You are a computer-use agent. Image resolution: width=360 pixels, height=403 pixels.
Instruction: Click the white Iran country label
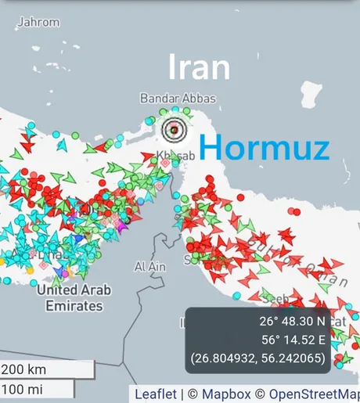pos(199,67)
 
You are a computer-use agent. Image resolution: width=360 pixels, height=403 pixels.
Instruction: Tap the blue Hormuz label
pos(264,146)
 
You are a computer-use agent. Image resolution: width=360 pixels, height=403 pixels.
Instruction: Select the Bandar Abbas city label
pos(178,99)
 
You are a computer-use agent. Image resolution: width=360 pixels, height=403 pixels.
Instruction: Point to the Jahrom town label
pos(38,23)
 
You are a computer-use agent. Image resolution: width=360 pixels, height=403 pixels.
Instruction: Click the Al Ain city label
pos(149,267)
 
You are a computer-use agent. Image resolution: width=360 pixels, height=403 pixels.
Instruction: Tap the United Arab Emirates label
pos(74,297)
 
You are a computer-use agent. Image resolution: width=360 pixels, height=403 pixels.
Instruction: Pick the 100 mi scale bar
pos(36,389)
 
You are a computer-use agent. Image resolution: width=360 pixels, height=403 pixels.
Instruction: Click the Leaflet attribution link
pos(156,394)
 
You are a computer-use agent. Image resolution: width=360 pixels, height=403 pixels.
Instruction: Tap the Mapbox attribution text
pos(226,394)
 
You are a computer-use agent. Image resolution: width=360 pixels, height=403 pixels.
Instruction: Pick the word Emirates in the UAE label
pos(74,305)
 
